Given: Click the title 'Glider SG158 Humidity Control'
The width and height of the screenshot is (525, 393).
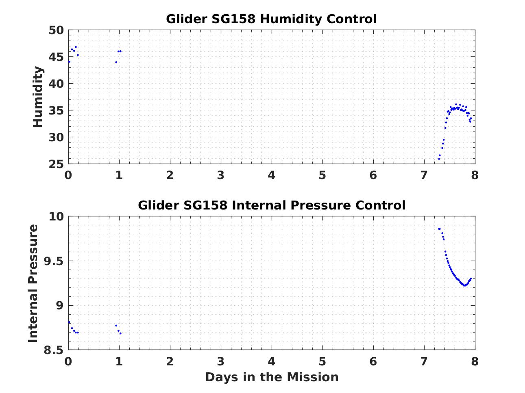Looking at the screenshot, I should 271,19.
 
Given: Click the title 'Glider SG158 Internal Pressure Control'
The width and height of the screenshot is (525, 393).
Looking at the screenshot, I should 271,205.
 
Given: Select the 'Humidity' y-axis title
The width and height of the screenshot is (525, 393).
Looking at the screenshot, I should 38,97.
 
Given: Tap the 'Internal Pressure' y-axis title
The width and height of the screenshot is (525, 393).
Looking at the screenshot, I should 33,283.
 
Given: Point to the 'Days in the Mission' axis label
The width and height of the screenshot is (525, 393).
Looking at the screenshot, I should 271,377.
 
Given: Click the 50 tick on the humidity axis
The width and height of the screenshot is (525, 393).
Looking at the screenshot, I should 56,30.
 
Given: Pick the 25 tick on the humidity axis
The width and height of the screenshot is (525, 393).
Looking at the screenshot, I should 56,164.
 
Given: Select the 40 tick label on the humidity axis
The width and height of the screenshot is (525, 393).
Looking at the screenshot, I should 56,84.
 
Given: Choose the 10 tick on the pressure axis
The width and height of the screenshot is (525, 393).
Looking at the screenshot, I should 56,217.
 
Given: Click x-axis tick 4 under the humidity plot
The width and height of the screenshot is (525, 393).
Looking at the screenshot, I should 271,175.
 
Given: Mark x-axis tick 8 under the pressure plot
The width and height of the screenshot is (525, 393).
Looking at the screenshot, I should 475,361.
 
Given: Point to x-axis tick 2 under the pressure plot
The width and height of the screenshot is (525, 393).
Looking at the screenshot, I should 170,361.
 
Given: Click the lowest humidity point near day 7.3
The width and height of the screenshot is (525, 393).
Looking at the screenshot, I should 439,159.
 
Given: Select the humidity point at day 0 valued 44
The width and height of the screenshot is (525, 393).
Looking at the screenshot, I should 69,62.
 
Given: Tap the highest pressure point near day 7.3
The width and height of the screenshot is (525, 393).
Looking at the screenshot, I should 439,229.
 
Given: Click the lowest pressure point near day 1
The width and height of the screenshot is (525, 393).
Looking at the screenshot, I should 120,333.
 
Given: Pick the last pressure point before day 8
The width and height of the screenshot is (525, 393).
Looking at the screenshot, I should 471,279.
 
